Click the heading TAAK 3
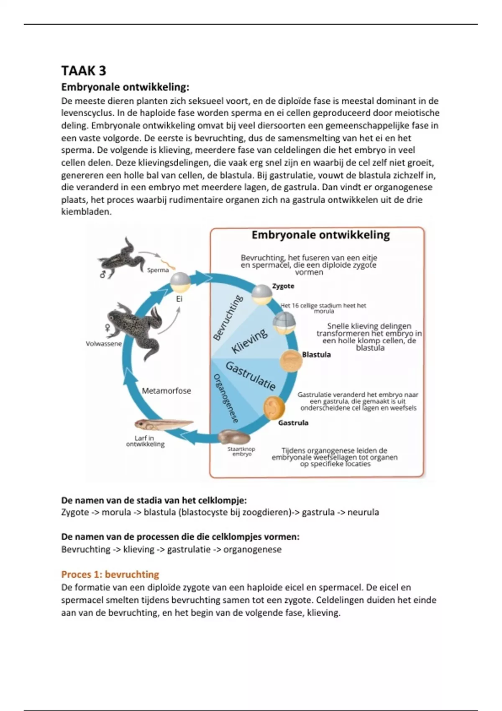[x=84, y=70]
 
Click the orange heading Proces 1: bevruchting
[x=110, y=574]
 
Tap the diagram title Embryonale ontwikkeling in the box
[x=320, y=235]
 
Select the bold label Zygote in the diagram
[x=283, y=286]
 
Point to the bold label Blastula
[x=316, y=355]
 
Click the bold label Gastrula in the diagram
[x=293, y=423]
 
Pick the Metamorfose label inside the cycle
[x=166, y=391]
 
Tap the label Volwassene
[x=104, y=344]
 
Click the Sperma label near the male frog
[x=158, y=270]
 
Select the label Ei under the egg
[x=179, y=299]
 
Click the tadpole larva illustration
[x=163, y=425]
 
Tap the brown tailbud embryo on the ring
[x=234, y=437]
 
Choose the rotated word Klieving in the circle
[x=249, y=340]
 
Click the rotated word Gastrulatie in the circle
[x=251, y=376]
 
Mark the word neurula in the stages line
[x=363, y=512]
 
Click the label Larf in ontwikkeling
[x=145, y=441]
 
